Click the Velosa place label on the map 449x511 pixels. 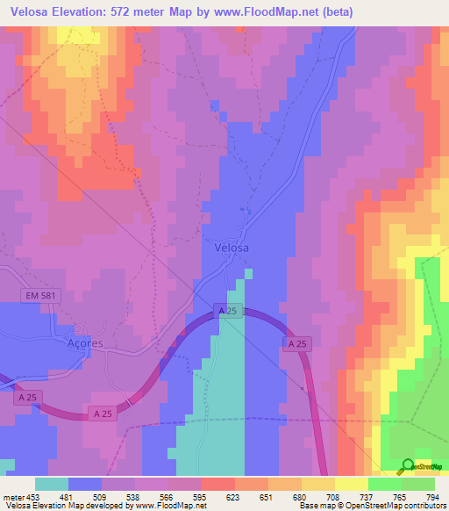pyautogui.click(x=232, y=248)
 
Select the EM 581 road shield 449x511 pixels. pyautogui.click(x=39, y=297)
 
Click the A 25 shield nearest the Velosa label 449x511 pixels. pyautogui.click(x=228, y=312)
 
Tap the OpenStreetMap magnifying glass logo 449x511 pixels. pyautogui.click(x=409, y=465)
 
